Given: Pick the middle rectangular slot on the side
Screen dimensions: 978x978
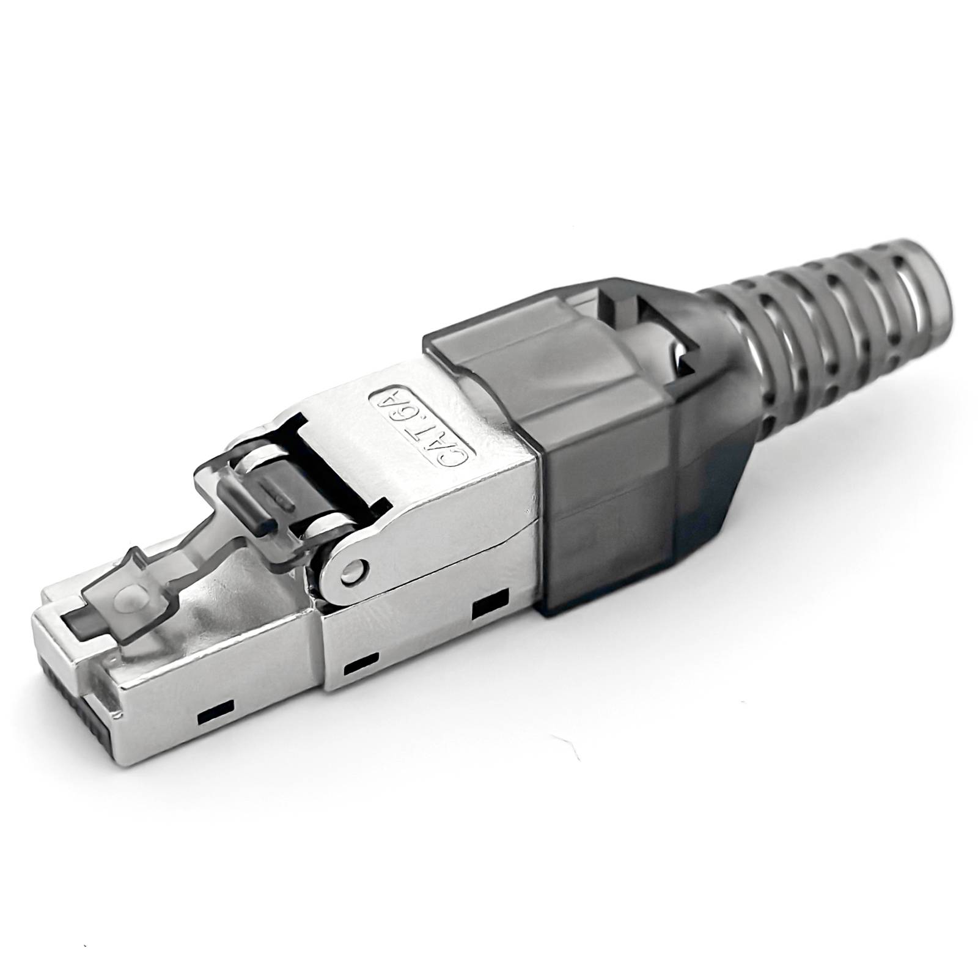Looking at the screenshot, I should (x=361, y=666).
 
